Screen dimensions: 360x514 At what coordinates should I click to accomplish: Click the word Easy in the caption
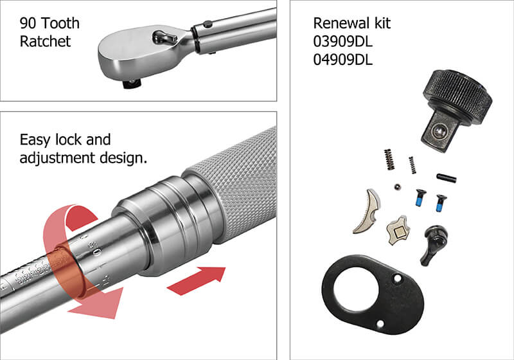tap(35, 140)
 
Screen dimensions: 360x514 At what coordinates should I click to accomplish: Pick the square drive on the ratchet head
tap(132, 82)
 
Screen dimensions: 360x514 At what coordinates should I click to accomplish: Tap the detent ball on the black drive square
tap(439, 132)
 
